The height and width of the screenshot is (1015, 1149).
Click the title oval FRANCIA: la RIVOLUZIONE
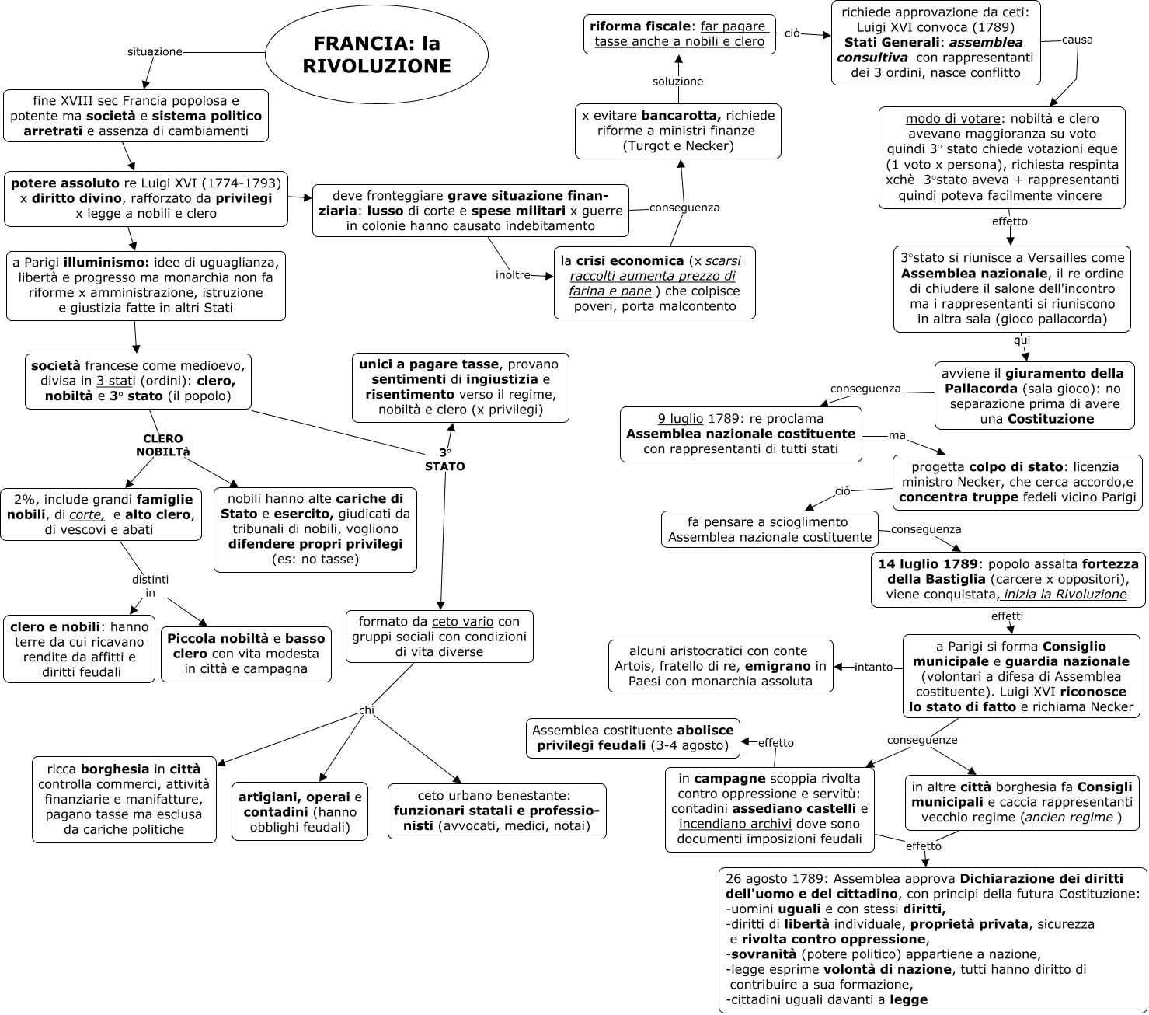click(377, 54)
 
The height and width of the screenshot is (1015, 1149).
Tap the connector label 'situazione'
click(155, 52)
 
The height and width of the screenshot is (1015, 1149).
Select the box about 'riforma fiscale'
click(679, 34)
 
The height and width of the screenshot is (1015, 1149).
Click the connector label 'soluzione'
click(677, 82)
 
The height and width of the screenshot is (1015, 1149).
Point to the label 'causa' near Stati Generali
click(1077, 40)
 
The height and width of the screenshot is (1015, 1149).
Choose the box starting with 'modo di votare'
click(1001, 157)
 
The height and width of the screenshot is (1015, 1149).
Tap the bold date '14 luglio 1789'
click(928, 563)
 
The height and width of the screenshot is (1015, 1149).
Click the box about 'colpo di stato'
click(1017, 482)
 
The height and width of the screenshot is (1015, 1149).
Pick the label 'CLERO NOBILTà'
click(163, 445)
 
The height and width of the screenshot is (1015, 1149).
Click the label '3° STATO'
click(444, 459)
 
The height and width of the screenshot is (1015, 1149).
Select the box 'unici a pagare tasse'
click(460, 387)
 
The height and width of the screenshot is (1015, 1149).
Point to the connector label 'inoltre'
click(513, 275)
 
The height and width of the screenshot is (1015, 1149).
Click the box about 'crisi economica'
click(654, 283)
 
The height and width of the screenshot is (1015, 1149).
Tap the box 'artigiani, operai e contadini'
click(299, 811)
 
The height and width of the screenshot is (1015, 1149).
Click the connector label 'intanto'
click(873, 667)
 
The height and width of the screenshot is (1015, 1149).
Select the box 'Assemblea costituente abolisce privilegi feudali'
click(632, 738)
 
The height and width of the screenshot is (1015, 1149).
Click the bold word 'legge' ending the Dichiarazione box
click(908, 1000)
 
